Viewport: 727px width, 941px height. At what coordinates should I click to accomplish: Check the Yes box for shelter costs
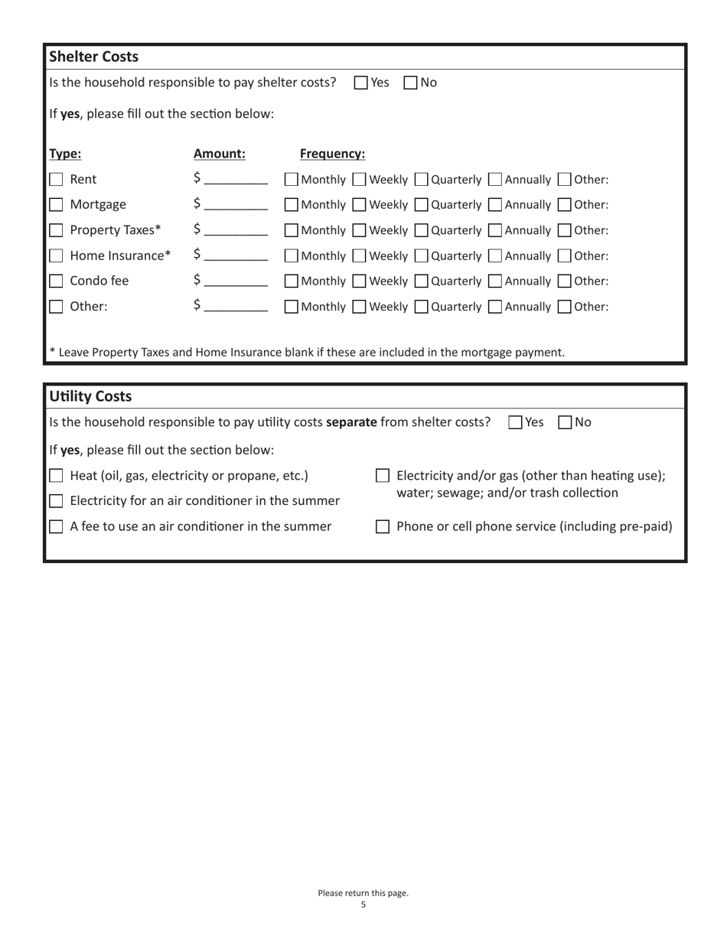pos(362,83)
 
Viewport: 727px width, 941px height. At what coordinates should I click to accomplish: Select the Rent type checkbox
pos(56,180)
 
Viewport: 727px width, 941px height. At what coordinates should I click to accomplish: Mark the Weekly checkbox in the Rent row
pos(359,180)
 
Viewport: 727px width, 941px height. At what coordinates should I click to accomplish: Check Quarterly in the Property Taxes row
pos(421,230)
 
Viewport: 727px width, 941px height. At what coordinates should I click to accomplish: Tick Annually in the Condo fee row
pos(495,282)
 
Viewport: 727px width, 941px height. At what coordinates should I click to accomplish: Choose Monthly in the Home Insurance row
pos(292,256)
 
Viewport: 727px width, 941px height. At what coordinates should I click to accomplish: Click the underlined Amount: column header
pos(220,154)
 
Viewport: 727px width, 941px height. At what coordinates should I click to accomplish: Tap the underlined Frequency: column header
pos(332,154)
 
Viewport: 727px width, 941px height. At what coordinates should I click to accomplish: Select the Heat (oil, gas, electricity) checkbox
pos(56,476)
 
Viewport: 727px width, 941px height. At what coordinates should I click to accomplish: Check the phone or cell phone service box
pos(383,526)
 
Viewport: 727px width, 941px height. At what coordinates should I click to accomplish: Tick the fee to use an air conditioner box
pos(56,526)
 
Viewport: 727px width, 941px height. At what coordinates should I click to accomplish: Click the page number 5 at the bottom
pos(363,905)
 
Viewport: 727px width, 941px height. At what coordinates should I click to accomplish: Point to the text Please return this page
pos(363,893)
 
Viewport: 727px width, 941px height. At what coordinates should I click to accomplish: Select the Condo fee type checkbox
pos(56,282)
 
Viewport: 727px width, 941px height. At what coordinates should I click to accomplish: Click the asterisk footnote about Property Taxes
pos(307,353)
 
